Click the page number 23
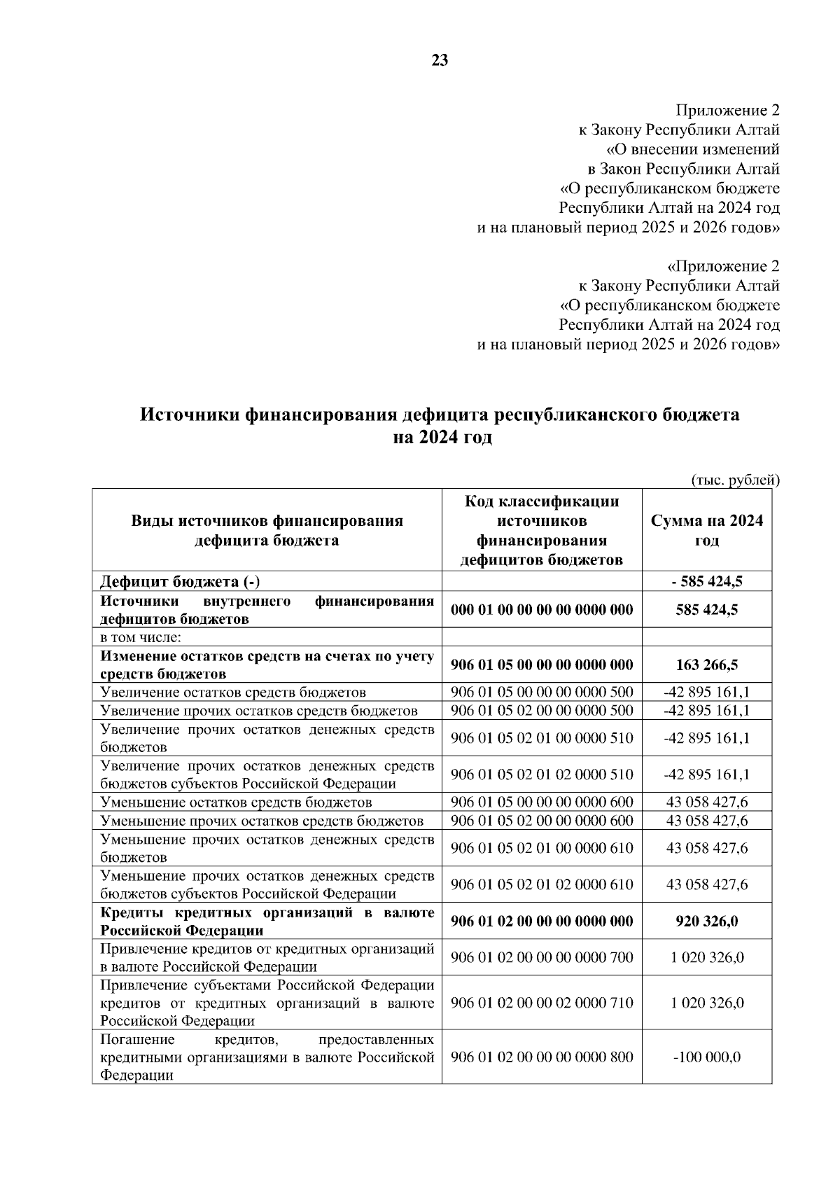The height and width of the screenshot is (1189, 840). click(x=440, y=61)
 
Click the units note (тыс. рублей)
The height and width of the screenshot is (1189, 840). click(x=735, y=480)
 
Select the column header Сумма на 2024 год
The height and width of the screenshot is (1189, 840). click(x=707, y=530)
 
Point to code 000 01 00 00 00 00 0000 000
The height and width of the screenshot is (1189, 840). click(x=542, y=610)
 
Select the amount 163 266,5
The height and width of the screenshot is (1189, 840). click(x=707, y=665)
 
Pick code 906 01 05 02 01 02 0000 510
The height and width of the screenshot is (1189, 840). click(x=542, y=774)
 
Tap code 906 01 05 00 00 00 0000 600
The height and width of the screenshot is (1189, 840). click(x=542, y=802)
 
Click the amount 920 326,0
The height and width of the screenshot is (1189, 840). click(x=707, y=922)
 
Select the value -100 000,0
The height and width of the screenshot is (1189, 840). click(x=707, y=1057)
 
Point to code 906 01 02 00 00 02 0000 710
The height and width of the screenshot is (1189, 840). click(x=542, y=1003)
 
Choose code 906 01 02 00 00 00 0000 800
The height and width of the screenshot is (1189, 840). click(x=542, y=1057)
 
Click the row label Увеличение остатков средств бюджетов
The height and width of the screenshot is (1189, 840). click(x=233, y=693)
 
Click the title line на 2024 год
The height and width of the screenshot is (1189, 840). click(x=441, y=438)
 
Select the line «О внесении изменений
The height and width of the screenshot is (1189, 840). click(x=692, y=149)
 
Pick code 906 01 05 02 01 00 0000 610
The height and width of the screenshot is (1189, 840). click(x=542, y=848)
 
